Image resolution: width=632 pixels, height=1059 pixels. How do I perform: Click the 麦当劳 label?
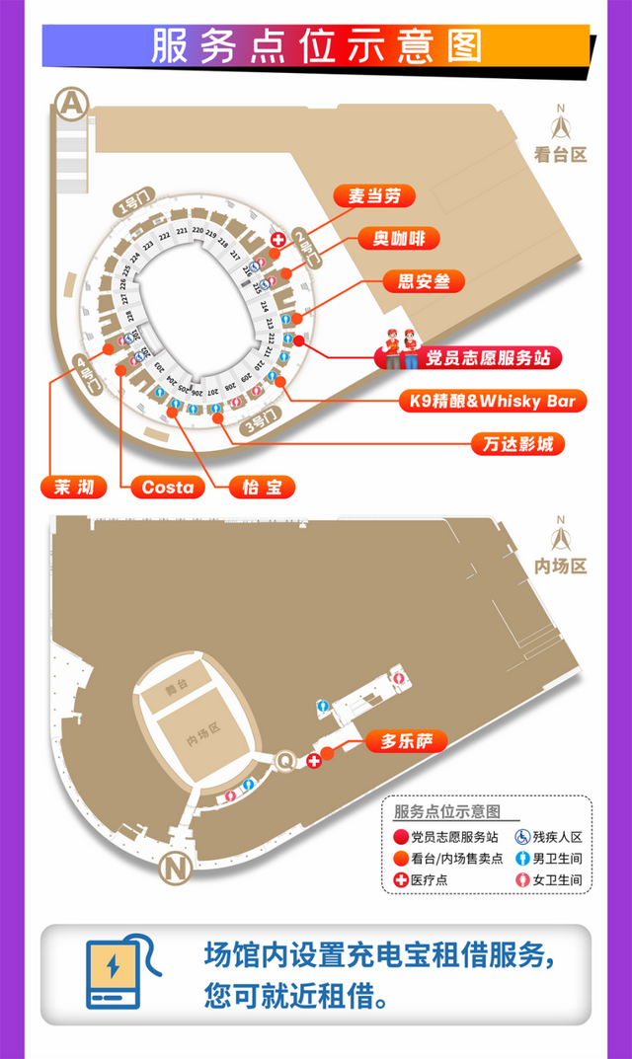click(368, 195)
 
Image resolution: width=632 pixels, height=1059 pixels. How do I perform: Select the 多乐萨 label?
click(407, 739)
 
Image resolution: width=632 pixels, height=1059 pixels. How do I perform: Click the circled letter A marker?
click(71, 103)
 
